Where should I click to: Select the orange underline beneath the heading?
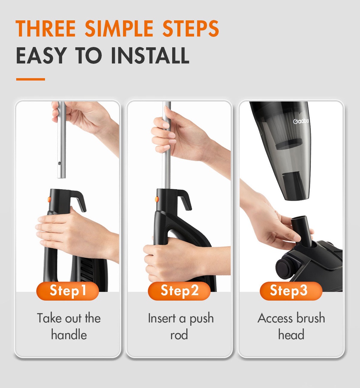pos(31,79)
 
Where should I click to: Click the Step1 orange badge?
pos(67,291)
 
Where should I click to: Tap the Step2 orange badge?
pos(179,291)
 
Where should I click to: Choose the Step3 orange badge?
pos(291,291)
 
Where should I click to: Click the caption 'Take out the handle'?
pos(69,326)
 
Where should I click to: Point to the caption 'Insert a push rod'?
pos(180,326)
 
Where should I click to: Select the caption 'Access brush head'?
pos(291,326)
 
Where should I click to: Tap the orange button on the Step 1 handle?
pos(49,199)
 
